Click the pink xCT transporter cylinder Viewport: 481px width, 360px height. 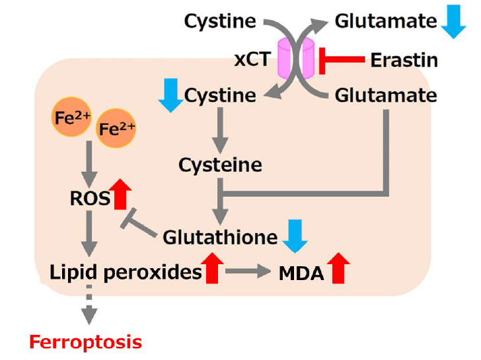point(296,59)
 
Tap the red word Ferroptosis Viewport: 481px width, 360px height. point(85,342)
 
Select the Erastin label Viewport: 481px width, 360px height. point(404,60)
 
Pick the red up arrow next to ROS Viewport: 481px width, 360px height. point(122,194)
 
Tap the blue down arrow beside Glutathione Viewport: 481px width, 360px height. point(295,236)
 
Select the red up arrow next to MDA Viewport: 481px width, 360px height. point(339,268)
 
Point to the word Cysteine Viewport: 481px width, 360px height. point(220,164)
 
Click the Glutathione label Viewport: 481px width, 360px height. point(220,236)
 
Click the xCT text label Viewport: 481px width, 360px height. point(252,59)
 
